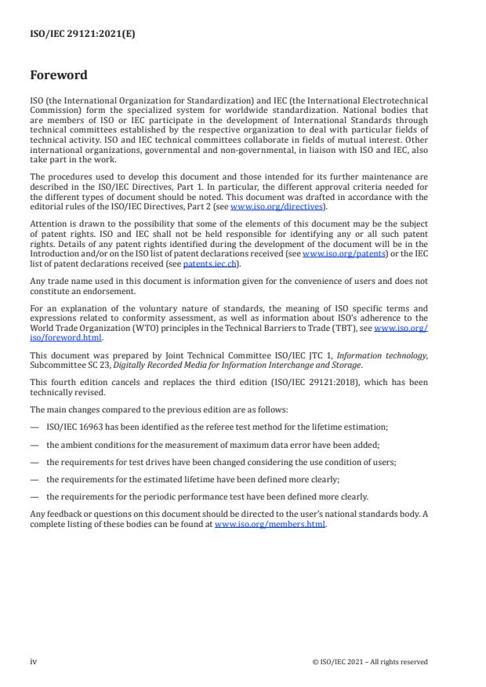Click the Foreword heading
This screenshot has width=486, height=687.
tap(58, 76)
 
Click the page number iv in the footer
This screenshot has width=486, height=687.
tap(34, 661)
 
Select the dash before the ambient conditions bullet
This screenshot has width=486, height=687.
tap(35, 443)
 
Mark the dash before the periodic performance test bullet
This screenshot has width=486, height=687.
tap(35, 496)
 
